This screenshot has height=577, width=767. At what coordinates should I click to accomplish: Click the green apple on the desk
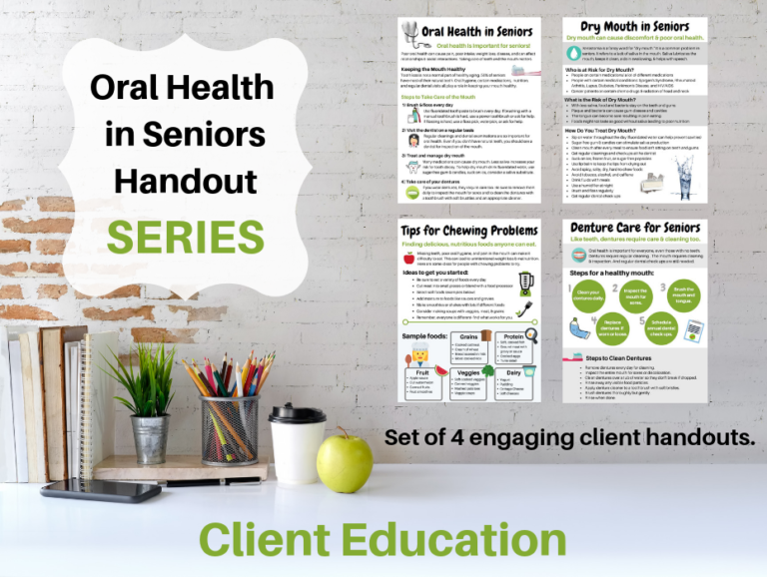click(x=344, y=458)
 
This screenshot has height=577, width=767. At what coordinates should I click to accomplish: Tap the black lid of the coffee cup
click(x=297, y=413)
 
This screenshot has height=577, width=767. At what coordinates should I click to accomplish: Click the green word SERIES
click(x=185, y=236)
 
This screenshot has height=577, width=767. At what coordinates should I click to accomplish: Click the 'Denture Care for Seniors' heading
click(x=634, y=230)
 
